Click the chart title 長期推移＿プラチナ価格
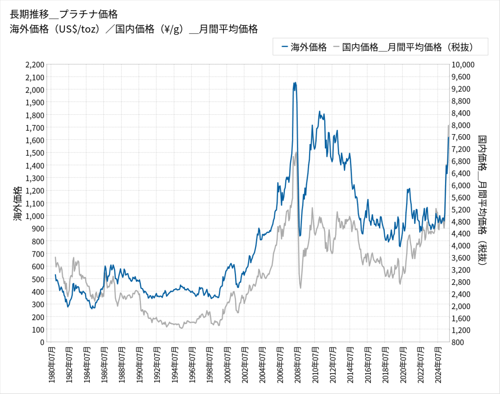click(x=64, y=14)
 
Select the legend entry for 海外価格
click(x=304, y=47)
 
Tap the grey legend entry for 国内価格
click(x=404, y=47)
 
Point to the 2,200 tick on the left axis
click(x=34, y=64)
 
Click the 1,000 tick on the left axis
click(x=34, y=216)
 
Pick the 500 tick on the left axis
click(x=37, y=279)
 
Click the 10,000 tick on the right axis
click(x=463, y=64)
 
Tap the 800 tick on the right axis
click(x=458, y=342)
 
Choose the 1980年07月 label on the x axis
click(x=51, y=364)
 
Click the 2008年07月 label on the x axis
click(x=297, y=364)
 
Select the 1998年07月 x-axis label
click(x=209, y=364)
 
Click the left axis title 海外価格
click(x=17, y=203)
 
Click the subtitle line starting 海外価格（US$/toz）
click(x=133, y=29)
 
